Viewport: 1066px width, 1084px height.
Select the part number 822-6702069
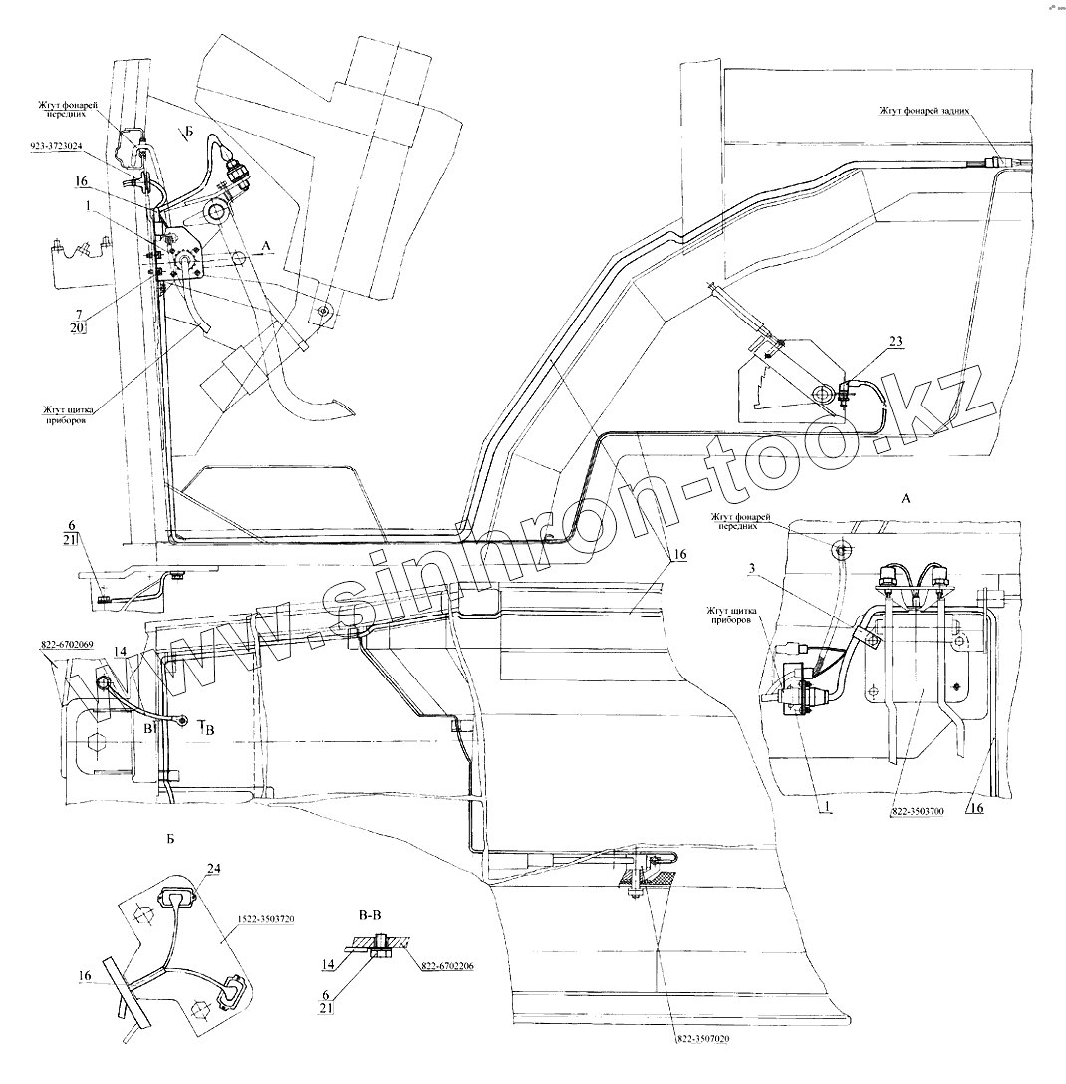point(68,645)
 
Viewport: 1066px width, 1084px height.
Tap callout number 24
point(211,868)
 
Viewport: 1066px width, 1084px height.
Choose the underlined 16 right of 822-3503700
point(977,809)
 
